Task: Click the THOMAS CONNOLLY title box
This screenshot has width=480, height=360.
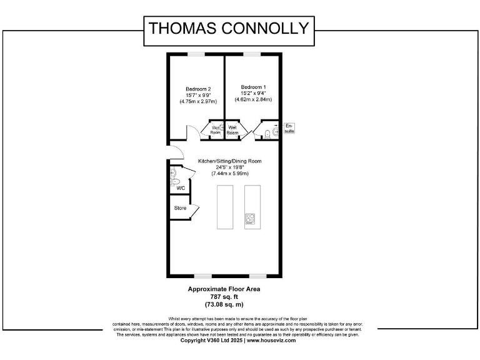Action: coord(228,29)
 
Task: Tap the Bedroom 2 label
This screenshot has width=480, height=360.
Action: coord(197,89)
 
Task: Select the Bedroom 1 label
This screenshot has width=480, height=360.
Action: coord(253,87)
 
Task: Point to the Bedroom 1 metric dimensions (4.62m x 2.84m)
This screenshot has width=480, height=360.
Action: coord(253,99)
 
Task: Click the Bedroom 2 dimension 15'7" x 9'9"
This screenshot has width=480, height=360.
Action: coord(197,95)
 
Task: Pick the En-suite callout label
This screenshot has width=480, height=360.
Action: coord(289,128)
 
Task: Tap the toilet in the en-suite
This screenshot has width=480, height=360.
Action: coord(267,132)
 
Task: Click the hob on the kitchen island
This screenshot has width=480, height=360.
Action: coord(251,219)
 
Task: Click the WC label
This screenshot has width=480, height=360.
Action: coord(181,187)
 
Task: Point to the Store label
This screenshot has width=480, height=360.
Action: coord(180,207)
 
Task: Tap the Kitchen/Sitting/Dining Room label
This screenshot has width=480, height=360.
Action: coord(229,161)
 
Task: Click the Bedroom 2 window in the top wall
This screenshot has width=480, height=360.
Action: coord(196,54)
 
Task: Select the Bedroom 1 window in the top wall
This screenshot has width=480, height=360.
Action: coord(252,54)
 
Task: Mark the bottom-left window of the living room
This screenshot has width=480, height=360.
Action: coord(202,276)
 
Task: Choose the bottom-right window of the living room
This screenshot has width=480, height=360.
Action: coord(257,276)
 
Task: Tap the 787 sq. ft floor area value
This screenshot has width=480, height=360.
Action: coord(224,297)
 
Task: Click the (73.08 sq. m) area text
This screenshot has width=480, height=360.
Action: coord(224,304)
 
